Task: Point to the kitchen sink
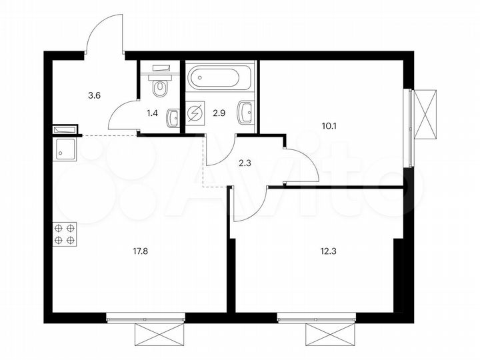coord(65,150)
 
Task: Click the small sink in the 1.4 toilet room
coord(173,117)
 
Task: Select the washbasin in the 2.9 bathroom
coord(245,112)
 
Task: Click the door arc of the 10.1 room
coord(303,163)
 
